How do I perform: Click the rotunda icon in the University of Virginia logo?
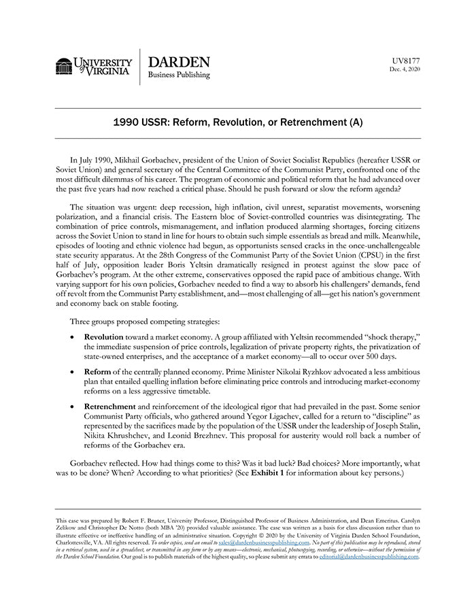coord(64,66)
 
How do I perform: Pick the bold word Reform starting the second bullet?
coord(98,373)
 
